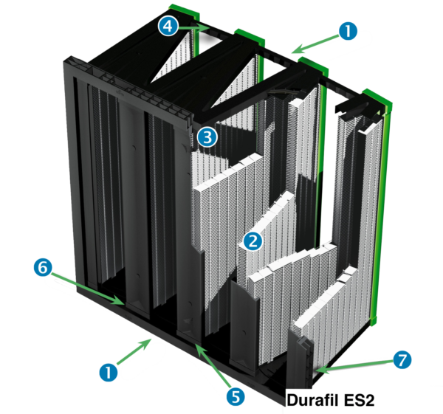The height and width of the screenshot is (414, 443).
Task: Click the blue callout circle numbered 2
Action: (253, 241)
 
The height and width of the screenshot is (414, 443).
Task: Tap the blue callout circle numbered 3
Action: (207, 137)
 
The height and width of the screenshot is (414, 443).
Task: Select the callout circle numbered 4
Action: (168, 27)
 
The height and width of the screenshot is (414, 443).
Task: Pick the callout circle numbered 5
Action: (236, 396)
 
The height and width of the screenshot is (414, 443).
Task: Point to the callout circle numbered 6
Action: (43, 267)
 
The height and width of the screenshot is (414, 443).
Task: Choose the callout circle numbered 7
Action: (402, 360)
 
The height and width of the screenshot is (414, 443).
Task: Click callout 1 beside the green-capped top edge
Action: (348, 31)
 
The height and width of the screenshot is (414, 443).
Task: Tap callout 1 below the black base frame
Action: (109, 371)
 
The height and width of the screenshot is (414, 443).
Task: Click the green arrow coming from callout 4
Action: (193, 28)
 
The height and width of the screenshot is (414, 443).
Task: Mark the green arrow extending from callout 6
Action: (88, 288)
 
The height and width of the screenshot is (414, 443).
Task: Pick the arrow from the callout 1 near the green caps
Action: (315, 44)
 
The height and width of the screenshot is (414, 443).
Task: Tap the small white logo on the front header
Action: (119, 92)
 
